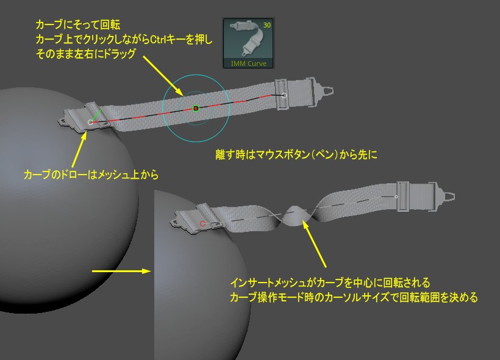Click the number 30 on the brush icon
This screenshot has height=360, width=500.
tap(266, 25)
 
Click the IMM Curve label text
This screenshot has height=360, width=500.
tap(248, 63)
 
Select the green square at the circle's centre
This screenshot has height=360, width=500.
tap(196, 108)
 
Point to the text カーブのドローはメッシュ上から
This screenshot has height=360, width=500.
tap(91, 175)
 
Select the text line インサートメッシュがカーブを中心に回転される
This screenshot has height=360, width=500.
tap(330, 284)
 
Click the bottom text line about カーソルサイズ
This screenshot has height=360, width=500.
tap(353, 298)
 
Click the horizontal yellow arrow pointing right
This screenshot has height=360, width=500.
tap(121, 270)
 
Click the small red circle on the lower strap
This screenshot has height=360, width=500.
tap(203, 224)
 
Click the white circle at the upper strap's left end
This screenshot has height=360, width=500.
tap(91, 123)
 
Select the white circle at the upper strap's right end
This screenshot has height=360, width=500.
tap(284, 95)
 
